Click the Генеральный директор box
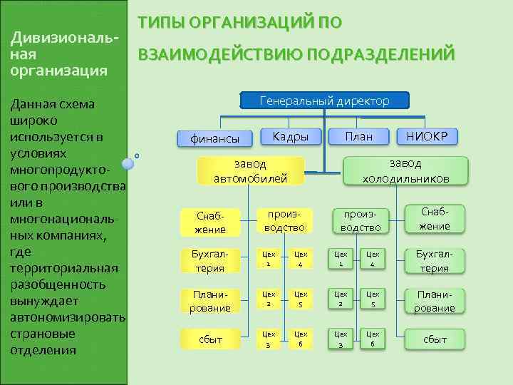[325, 101]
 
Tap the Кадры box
[290, 136]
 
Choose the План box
[359, 136]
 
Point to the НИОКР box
[427, 136]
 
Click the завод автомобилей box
[250, 171]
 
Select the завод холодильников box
[405, 171]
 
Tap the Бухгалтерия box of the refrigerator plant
[434, 261]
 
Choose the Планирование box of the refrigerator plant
[434, 301]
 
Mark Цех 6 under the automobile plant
[301, 339]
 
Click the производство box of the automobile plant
[284, 221]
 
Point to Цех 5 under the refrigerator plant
[372, 299]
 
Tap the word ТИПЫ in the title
[163, 23]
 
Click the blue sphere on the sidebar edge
[128, 163]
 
